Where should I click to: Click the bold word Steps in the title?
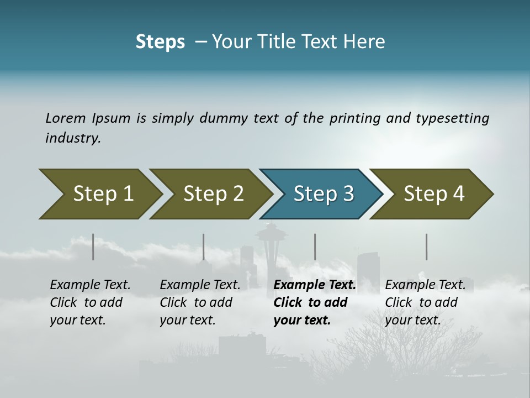click(x=160, y=42)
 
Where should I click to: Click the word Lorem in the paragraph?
click(x=65, y=118)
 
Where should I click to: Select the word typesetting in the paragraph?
click(x=452, y=118)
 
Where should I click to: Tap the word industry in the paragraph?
click(x=73, y=138)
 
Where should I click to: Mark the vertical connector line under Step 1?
click(x=93, y=247)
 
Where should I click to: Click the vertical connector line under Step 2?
click(x=204, y=247)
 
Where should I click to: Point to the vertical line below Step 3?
click(x=315, y=247)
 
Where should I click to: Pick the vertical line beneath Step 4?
click(x=426, y=247)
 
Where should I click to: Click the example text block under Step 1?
click(x=90, y=302)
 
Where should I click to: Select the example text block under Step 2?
click(x=200, y=302)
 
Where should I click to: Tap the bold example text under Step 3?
click(x=315, y=302)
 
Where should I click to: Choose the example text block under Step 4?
click(x=425, y=302)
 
